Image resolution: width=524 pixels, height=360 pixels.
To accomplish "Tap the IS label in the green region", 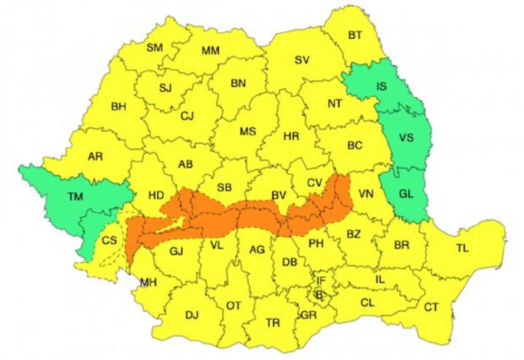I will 381,86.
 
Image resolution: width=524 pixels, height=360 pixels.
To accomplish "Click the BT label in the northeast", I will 355,35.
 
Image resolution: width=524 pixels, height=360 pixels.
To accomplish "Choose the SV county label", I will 302,60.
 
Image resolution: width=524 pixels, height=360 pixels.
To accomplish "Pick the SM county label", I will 154,47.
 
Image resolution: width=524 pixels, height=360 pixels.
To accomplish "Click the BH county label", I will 118,107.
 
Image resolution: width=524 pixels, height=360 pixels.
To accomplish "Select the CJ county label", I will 187,116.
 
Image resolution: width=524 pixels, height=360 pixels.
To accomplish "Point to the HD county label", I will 157,194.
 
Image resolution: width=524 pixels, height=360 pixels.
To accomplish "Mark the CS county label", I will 109,241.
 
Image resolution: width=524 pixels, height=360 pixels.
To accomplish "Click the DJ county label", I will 192,315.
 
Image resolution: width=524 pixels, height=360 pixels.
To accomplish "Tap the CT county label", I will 431,308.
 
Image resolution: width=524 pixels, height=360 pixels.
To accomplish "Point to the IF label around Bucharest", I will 321,280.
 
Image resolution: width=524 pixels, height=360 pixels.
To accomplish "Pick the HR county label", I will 291,136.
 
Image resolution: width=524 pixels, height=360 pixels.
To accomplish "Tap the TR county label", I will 273,323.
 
